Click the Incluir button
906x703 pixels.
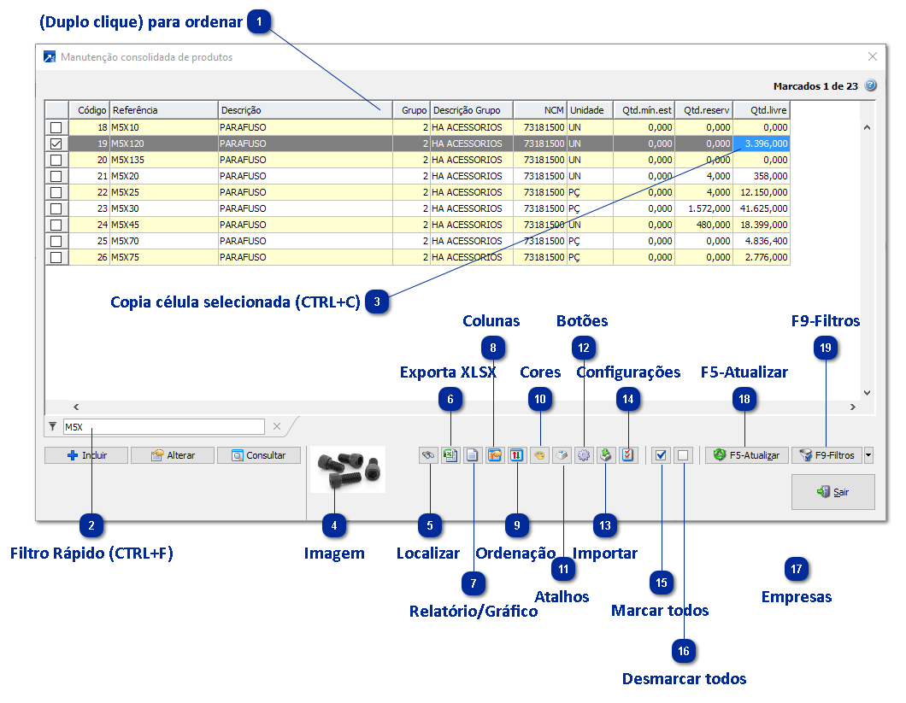coord(86,455)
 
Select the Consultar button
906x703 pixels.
coord(259,455)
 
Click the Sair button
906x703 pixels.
coord(832,492)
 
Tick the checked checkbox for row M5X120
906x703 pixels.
coord(56,144)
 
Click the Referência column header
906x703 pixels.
coord(163,110)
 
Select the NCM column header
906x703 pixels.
coord(540,110)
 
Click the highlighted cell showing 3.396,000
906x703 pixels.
coord(762,144)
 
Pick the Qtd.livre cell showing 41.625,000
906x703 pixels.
coord(762,208)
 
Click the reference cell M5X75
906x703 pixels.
coord(163,257)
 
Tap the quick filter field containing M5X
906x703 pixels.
coord(162,426)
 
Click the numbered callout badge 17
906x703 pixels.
coord(797,569)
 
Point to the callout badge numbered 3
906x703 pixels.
coord(378,302)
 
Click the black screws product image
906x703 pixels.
coord(347,469)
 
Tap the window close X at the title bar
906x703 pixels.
coord(872,57)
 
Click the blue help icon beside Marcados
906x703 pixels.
coord(871,85)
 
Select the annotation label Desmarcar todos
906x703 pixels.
coord(684,679)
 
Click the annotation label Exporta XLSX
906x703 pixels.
coord(448,372)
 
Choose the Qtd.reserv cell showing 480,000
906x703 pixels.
coord(703,225)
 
